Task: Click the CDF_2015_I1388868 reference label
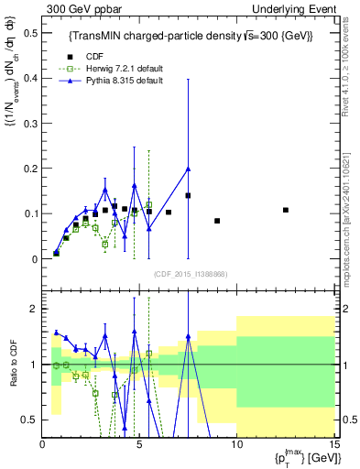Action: click(x=190, y=274)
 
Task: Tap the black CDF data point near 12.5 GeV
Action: click(x=286, y=210)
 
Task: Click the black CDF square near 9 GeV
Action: click(x=217, y=221)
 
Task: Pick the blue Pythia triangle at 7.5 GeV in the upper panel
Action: click(x=188, y=169)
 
